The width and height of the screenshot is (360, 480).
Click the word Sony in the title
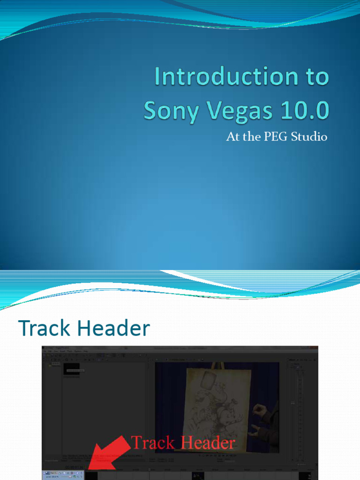coord(165,111)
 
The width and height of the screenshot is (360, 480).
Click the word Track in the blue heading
coord(45,329)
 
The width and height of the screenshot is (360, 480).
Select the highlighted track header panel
coord(63,474)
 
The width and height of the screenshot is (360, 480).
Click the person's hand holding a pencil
coord(259,412)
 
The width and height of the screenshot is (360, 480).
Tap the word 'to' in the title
coord(316,77)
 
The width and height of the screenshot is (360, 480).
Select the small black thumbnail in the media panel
coord(71,369)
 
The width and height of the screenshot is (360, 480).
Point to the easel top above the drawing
coord(217,365)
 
